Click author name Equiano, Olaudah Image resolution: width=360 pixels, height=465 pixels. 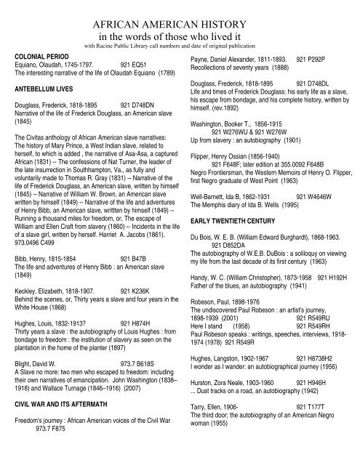pyautogui.click(x=43, y=63)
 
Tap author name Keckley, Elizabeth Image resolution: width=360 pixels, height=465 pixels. pyautogui.click(x=44, y=289)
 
